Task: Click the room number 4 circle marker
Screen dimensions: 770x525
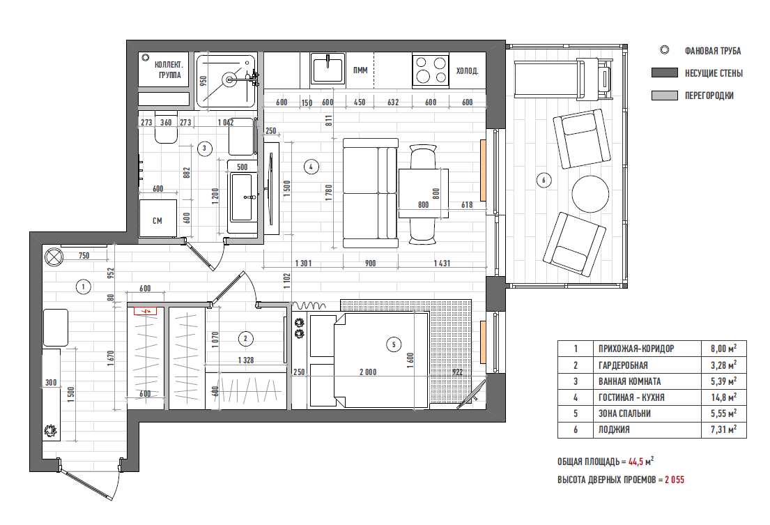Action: point(311,167)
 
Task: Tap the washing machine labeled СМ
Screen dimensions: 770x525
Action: point(157,218)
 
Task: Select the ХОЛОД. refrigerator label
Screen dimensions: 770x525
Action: point(467,71)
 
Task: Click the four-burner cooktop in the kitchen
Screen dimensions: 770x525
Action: point(431,69)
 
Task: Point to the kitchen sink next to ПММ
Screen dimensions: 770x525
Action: point(328,69)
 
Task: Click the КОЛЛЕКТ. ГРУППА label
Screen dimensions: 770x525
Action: point(169,70)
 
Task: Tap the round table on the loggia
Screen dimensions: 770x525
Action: point(590,194)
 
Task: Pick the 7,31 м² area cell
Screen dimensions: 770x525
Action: point(723,429)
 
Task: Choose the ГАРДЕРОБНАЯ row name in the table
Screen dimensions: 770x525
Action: point(623,365)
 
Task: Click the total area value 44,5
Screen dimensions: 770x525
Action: point(636,462)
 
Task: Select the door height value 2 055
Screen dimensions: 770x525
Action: point(675,480)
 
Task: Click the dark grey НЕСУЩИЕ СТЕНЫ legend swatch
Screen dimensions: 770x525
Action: point(664,73)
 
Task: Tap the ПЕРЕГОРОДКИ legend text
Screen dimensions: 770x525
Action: point(709,96)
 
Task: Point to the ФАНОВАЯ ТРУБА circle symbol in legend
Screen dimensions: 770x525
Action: point(664,50)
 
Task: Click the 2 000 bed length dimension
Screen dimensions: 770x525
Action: point(368,372)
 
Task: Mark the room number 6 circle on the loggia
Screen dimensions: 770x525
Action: point(543,181)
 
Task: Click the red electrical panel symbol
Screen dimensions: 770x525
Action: point(146,310)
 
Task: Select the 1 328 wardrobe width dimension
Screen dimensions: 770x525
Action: point(245,360)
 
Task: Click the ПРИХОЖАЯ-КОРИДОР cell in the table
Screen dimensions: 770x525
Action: point(636,349)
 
